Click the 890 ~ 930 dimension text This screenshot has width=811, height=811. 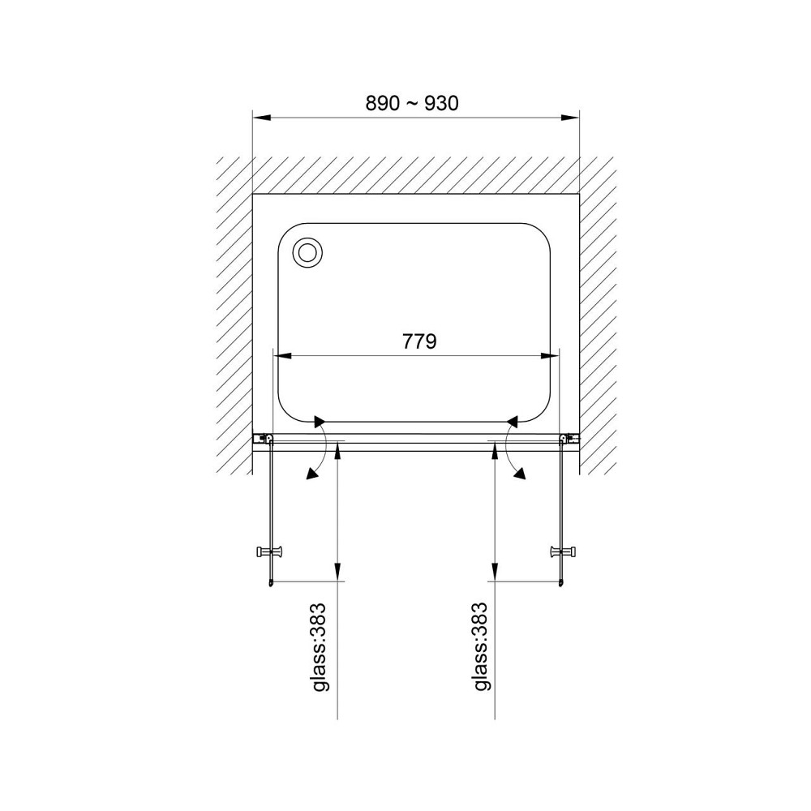(412, 104)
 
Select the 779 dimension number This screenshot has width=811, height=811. (419, 341)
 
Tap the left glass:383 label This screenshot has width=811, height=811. (319, 646)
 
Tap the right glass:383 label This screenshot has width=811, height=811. (480, 646)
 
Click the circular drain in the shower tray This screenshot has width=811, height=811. (307, 253)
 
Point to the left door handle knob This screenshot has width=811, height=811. (270, 551)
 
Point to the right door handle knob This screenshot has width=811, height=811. (564, 551)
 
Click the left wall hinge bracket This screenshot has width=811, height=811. (264, 439)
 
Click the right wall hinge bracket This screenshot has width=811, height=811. (569, 439)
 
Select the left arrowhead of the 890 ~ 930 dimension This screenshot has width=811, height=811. (261, 118)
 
